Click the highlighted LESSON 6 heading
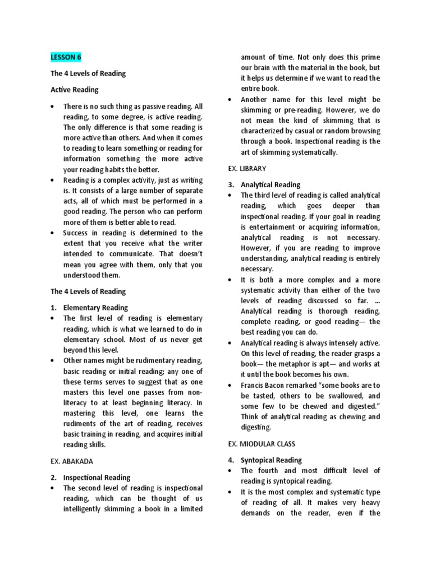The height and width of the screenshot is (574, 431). pyautogui.click(x=66, y=57)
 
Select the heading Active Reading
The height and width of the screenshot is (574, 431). pyautogui.click(x=74, y=89)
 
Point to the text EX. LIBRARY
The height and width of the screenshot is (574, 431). pyautogui.click(x=247, y=168)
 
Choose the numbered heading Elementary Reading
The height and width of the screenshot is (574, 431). pyautogui.click(x=96, y=308)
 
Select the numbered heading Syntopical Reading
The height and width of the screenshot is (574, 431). pyautogui.click(x=271, y=460)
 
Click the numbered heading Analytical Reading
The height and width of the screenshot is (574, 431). pyautogui.click(x=270, y=184)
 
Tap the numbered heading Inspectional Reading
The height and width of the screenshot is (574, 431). pyautogui.click(x=97, y=478)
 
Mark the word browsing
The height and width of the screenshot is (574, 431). pyautogui.click(x=364, y=131)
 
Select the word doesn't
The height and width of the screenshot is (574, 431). pyautogui.click(x=188, y=254)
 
